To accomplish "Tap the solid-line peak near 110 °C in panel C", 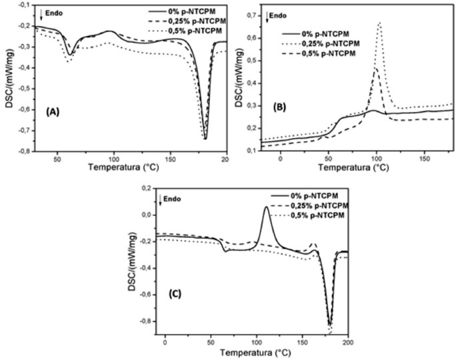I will pyautogui.click(x=267, y=207).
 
